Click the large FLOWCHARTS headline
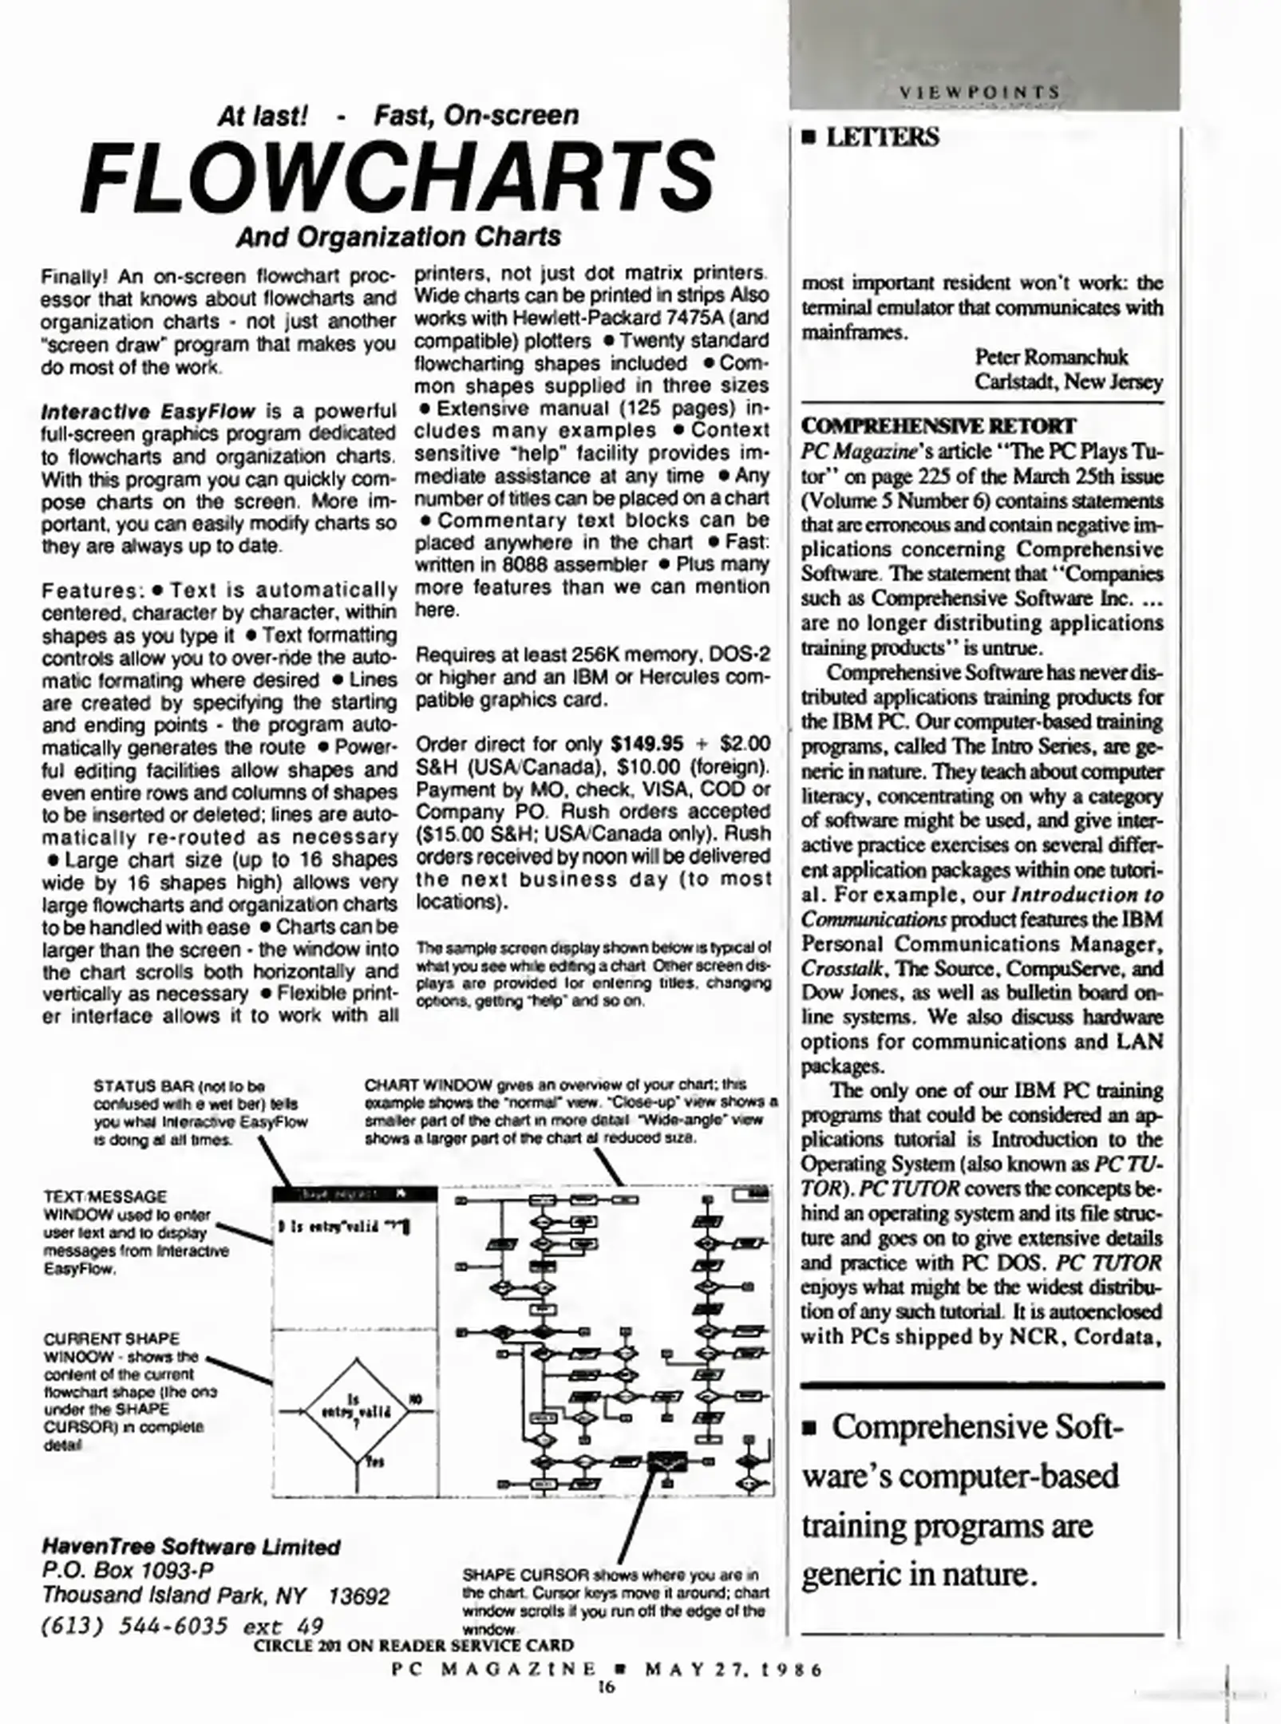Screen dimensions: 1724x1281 point(397,176)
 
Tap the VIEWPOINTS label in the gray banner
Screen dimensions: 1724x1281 point(979,93)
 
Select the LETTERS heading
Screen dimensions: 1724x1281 point(881,137)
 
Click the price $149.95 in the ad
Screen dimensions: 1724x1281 point(646,744)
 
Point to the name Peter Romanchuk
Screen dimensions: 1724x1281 point(1051,357)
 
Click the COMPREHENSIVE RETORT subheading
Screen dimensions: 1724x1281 point(938,425)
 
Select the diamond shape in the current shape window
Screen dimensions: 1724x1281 point(356,1412)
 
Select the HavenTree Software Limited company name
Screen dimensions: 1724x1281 point(191,1547)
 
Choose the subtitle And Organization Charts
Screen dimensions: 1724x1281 point(398,237)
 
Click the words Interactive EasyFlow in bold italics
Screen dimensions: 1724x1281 point(148,412)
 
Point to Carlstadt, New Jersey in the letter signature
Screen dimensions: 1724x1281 point(1068,382)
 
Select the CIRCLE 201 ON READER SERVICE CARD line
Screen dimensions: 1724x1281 point(413,1645)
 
